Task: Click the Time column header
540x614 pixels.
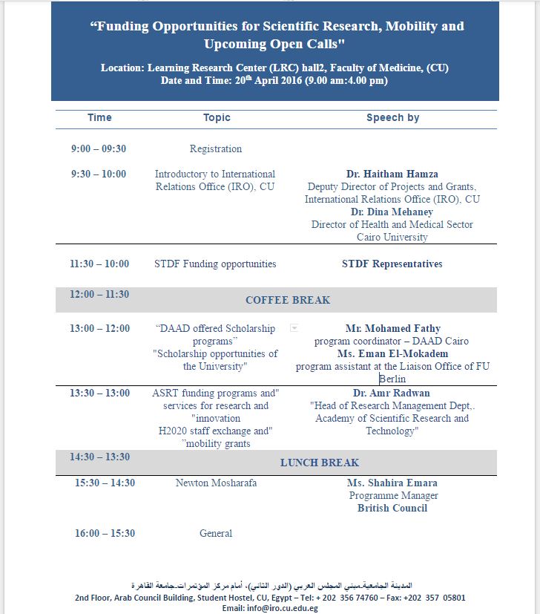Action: coord(99,117)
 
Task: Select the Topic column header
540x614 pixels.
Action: coord(217,117)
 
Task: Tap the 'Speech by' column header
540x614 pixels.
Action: coord(392,117)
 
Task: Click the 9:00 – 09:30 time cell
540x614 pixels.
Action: coord(99,148)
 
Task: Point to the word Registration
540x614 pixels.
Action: coord(215,148)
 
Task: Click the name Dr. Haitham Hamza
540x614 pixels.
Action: coord(392,174)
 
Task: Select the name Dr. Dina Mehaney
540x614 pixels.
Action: coord(392,212)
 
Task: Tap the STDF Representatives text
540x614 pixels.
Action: coord(392,264)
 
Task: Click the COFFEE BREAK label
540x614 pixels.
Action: coord(288,300)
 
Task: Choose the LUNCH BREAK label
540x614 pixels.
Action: coord(320,463)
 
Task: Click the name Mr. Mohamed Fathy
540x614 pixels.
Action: coord(392,328)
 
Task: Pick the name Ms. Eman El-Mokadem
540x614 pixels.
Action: coord(392,354)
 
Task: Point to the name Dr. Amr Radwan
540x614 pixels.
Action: coord(392,393)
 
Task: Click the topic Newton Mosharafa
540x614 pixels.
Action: coord(216,483)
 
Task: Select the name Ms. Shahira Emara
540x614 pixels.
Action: coord(392,483)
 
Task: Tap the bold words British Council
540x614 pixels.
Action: coord(392,509)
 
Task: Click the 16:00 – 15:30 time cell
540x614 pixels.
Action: coord(105,533)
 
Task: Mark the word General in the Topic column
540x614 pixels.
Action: coord(216,533)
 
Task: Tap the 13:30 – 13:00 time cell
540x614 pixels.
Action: coord(99,393)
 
